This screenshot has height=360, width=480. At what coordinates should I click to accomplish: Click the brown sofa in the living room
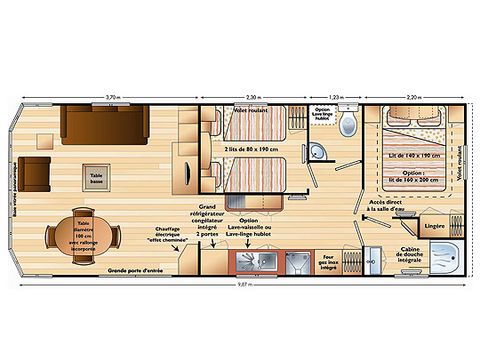point(106,124)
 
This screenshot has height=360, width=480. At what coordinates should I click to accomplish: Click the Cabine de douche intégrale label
point(412,258)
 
